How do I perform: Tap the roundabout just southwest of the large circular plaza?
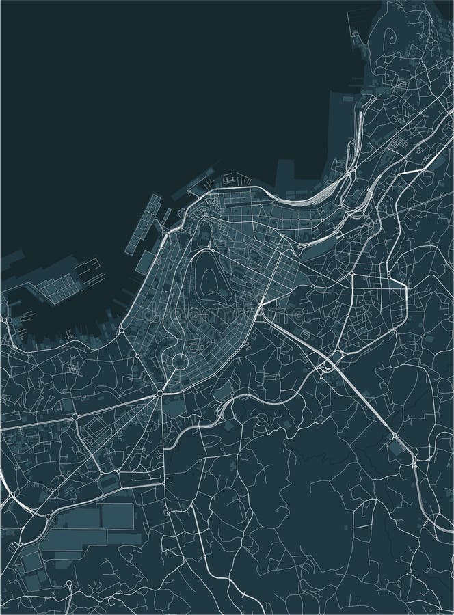[x=159, y=394]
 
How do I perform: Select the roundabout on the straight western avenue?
[x=75, y=415]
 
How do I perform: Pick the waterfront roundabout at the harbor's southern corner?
[x=121, y=331]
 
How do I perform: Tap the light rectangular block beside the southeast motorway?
[x=395, y=448]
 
